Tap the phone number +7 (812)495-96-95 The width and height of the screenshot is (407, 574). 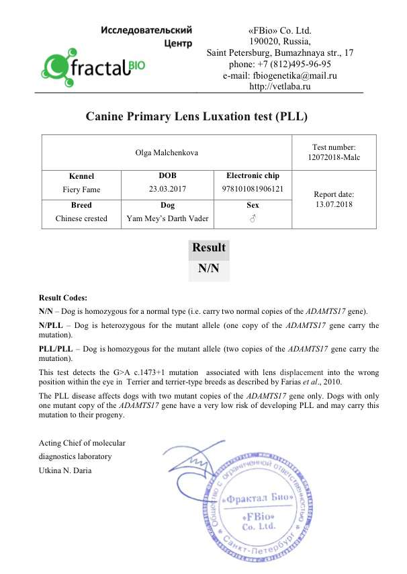click(x=279, y=65)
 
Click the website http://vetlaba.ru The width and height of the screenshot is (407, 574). click(x=279, y=87)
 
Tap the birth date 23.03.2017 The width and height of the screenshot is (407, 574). click(x=167, y=189)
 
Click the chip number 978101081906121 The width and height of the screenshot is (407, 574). click(x=253, y=189)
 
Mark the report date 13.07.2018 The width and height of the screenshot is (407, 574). click(x=334, y=204)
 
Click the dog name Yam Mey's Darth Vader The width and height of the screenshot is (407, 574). click(x=167, y=218)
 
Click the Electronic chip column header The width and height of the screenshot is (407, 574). click(x=253, y=175)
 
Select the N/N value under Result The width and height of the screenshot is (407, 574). click(x=209, y=269)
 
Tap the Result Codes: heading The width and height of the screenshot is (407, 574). click(x=62, y=298)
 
